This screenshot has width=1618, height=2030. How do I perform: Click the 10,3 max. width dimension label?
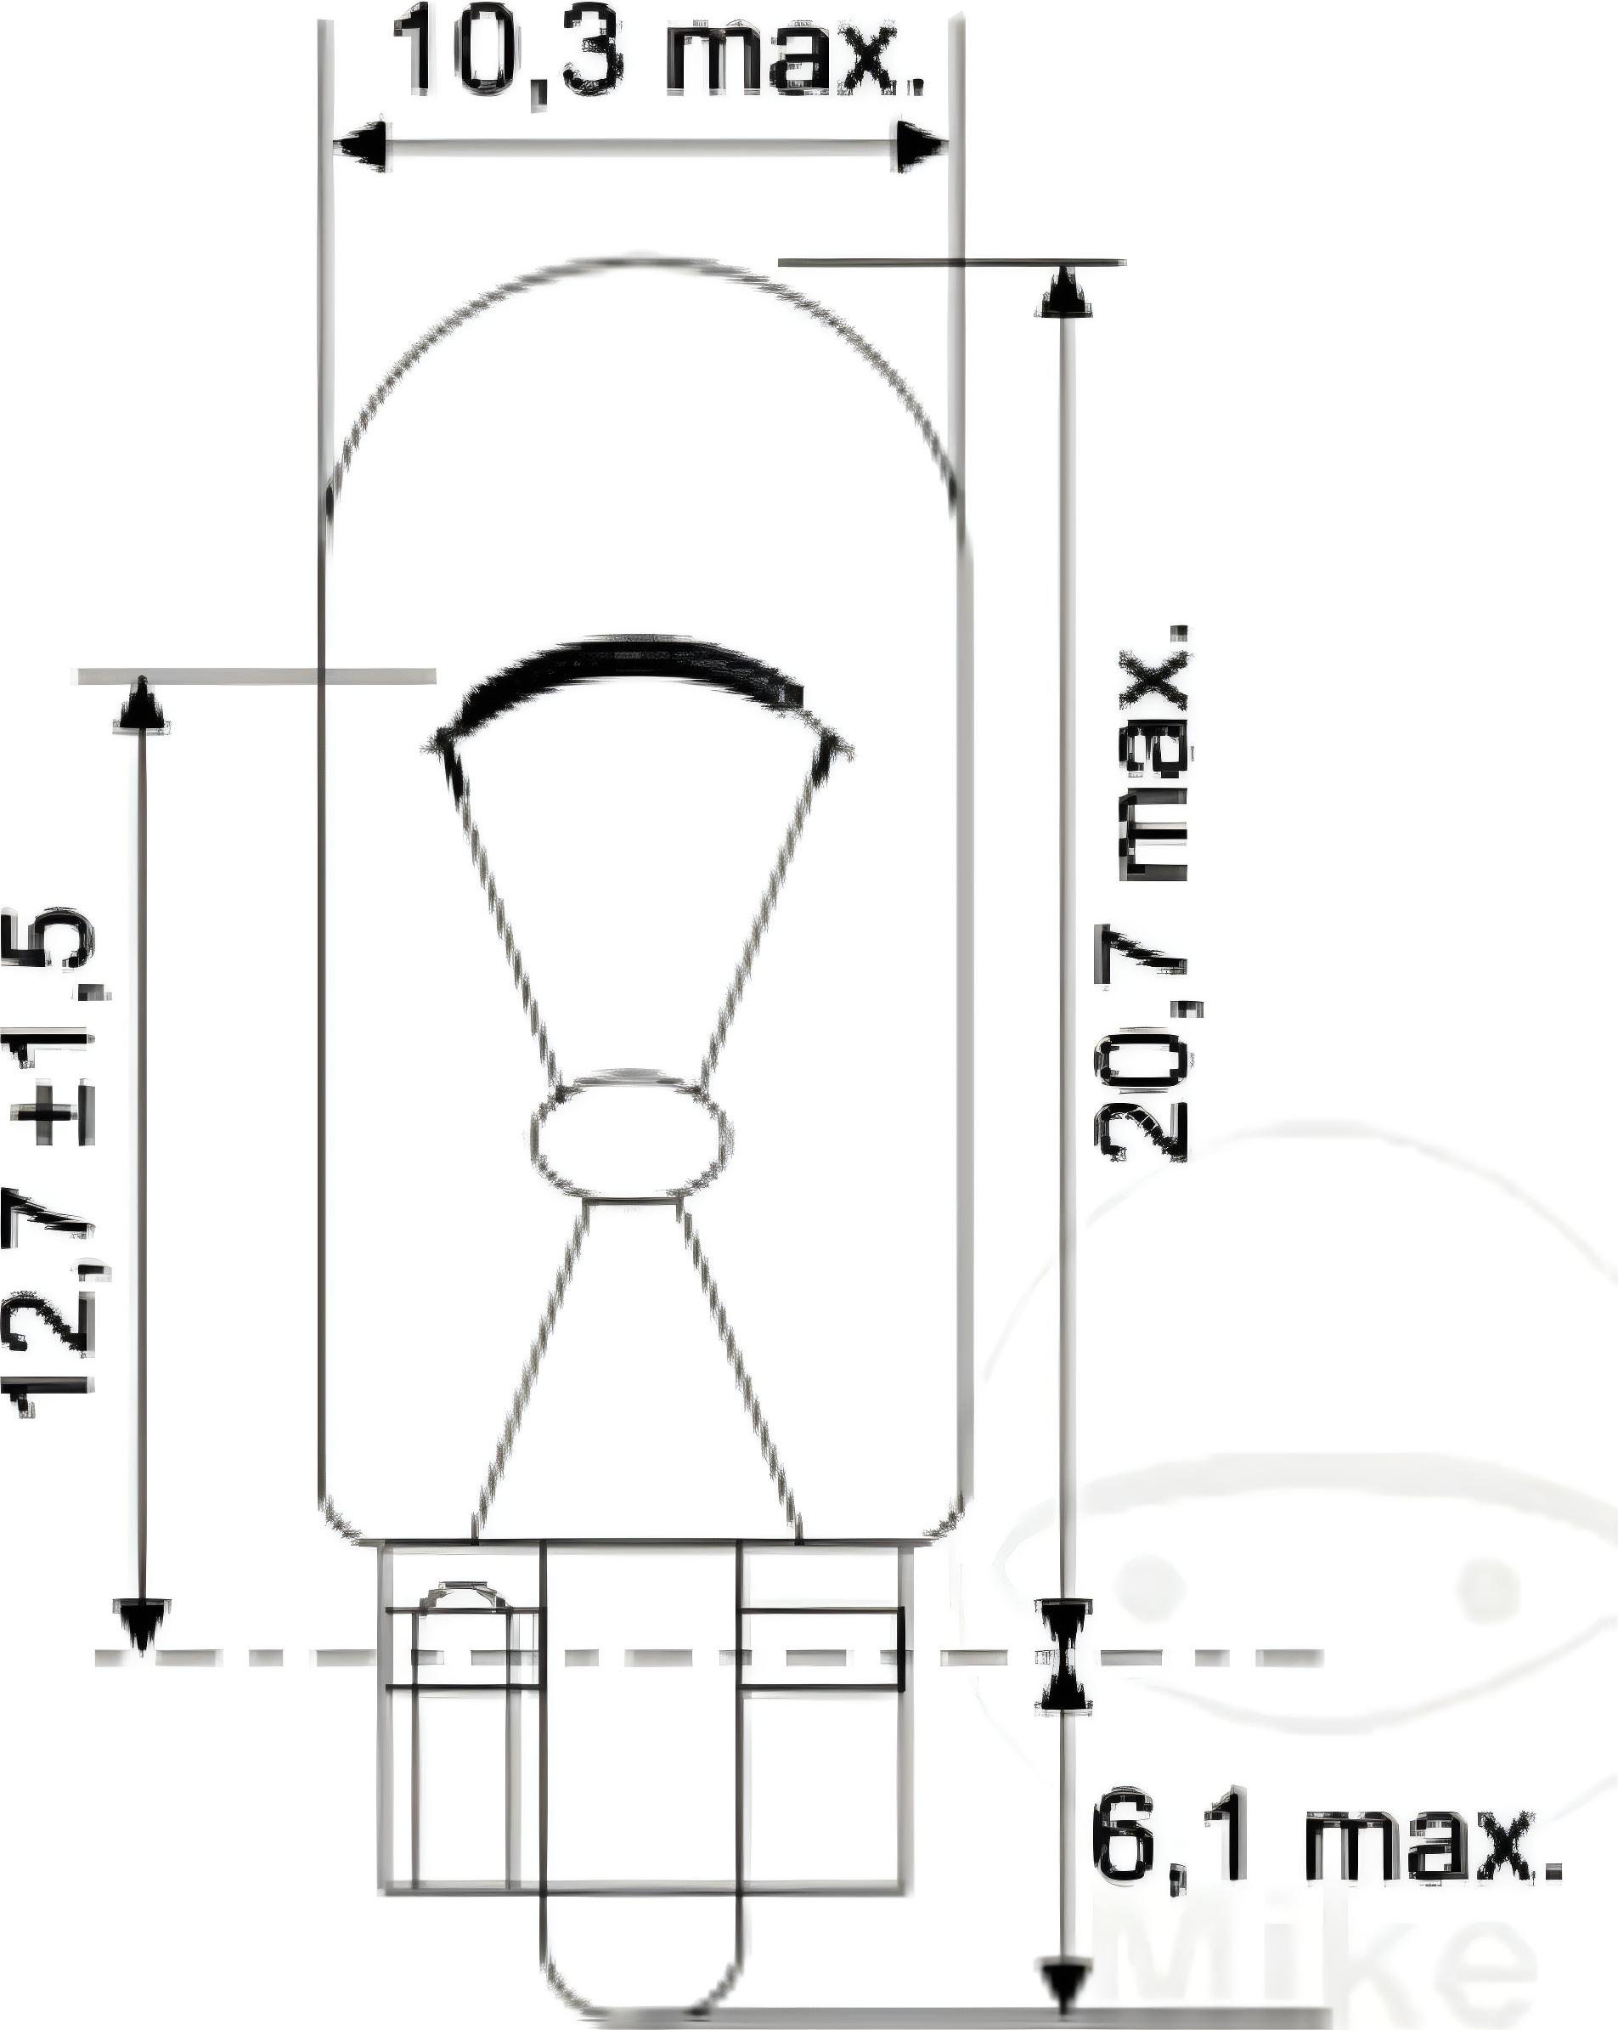click(x=656, y=52)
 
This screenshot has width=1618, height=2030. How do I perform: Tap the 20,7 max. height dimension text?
click(x=1142, y=895)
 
